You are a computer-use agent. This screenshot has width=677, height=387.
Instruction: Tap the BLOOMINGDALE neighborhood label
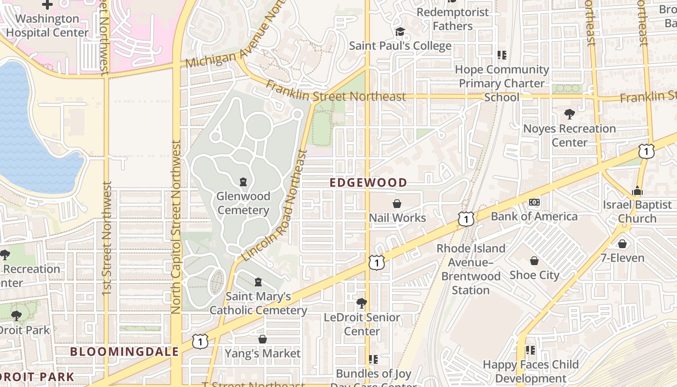125,352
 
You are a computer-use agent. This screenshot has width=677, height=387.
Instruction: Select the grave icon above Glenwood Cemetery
243,182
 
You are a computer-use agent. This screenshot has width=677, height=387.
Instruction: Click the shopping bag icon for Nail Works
397,204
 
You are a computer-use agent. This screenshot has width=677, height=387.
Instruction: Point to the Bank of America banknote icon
534,202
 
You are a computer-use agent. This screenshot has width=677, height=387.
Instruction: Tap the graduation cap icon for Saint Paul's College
400,32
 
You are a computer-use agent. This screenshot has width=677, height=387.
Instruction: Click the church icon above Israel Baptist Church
637,191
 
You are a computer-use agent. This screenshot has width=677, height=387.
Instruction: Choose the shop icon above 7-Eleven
622,244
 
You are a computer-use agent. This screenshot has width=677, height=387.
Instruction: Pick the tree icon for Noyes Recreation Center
569,115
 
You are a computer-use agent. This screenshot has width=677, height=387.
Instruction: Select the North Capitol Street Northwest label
176,226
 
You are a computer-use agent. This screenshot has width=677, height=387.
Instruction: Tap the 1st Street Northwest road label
107,238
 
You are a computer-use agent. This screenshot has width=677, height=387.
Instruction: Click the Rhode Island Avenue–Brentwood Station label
471,269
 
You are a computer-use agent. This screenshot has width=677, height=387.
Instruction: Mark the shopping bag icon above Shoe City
534,261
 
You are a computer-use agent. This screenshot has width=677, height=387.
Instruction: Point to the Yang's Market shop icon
263,340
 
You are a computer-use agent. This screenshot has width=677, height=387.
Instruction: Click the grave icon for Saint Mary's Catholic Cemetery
258,282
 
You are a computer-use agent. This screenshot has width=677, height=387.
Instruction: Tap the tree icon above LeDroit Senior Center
361,304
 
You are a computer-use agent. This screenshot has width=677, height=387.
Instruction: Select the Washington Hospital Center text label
47,26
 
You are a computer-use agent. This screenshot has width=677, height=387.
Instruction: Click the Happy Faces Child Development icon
530,350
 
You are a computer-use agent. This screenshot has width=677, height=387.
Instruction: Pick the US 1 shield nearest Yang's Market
200,342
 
